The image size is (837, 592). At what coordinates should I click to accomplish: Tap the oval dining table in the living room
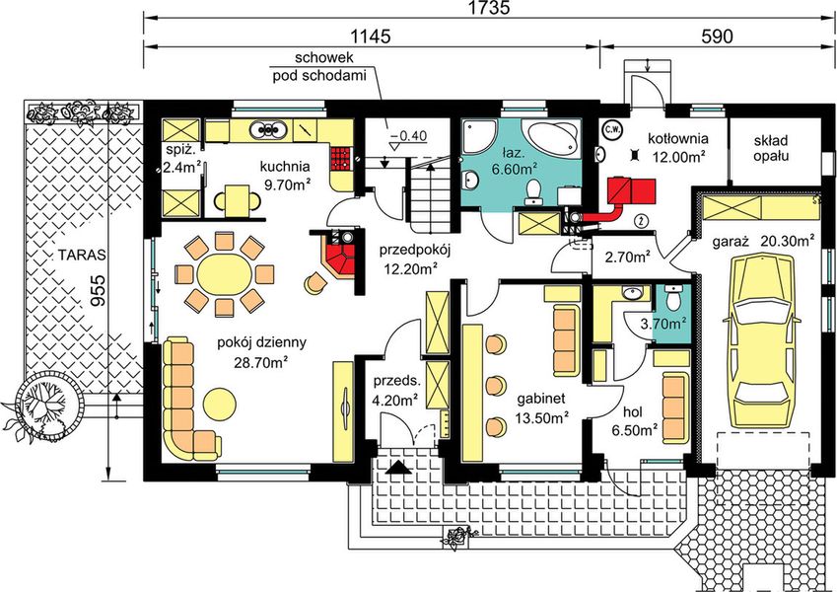click(224, 274)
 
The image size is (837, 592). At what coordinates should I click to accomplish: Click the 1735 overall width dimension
click(489, 8)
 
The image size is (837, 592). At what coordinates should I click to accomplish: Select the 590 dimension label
click(717, 36)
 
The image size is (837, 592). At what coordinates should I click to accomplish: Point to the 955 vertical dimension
click(98, 291)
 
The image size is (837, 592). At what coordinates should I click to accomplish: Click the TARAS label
click(82, 255)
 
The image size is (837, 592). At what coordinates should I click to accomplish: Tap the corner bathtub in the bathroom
click(550, 135)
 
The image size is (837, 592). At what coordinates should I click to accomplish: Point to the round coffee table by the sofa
click(220, 404)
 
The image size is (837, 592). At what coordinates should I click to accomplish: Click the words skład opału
click(771, 148)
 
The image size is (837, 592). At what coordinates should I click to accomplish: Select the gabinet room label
click(541, 399)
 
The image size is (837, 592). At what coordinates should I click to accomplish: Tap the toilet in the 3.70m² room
click(673, 297)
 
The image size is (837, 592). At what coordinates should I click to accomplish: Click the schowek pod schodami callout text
click(320, 66)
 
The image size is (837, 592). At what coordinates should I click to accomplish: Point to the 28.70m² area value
click(261, 362)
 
